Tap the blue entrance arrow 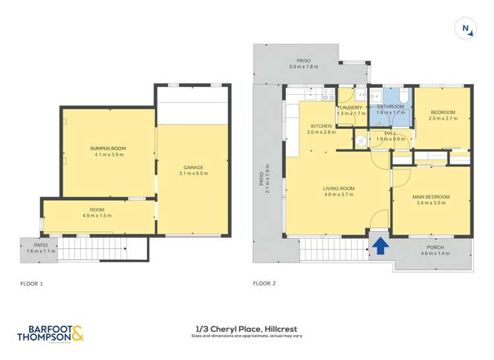(381, 245)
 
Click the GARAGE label (193, 167)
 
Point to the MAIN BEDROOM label (431, 197)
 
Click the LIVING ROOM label (339, 188)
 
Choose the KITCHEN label (321, 126)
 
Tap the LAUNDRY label (350, 107)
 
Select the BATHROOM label (390, 107)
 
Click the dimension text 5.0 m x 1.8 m (303, 67)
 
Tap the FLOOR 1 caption (32, 284)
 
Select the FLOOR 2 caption (265, 284)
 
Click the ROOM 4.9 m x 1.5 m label (97, 209)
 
